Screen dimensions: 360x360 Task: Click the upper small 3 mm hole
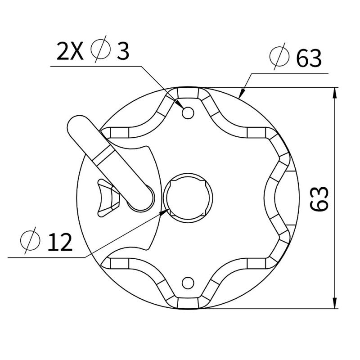[188, 112]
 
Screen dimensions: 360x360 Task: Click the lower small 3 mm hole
[188, 283]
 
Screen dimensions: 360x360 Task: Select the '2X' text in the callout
[70, 52]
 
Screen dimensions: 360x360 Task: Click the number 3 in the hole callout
[122, 52]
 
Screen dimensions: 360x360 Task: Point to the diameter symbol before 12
[28, 242]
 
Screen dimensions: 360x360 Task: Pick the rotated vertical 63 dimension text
[320, 198]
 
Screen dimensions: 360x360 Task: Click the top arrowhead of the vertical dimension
[335, 93]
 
